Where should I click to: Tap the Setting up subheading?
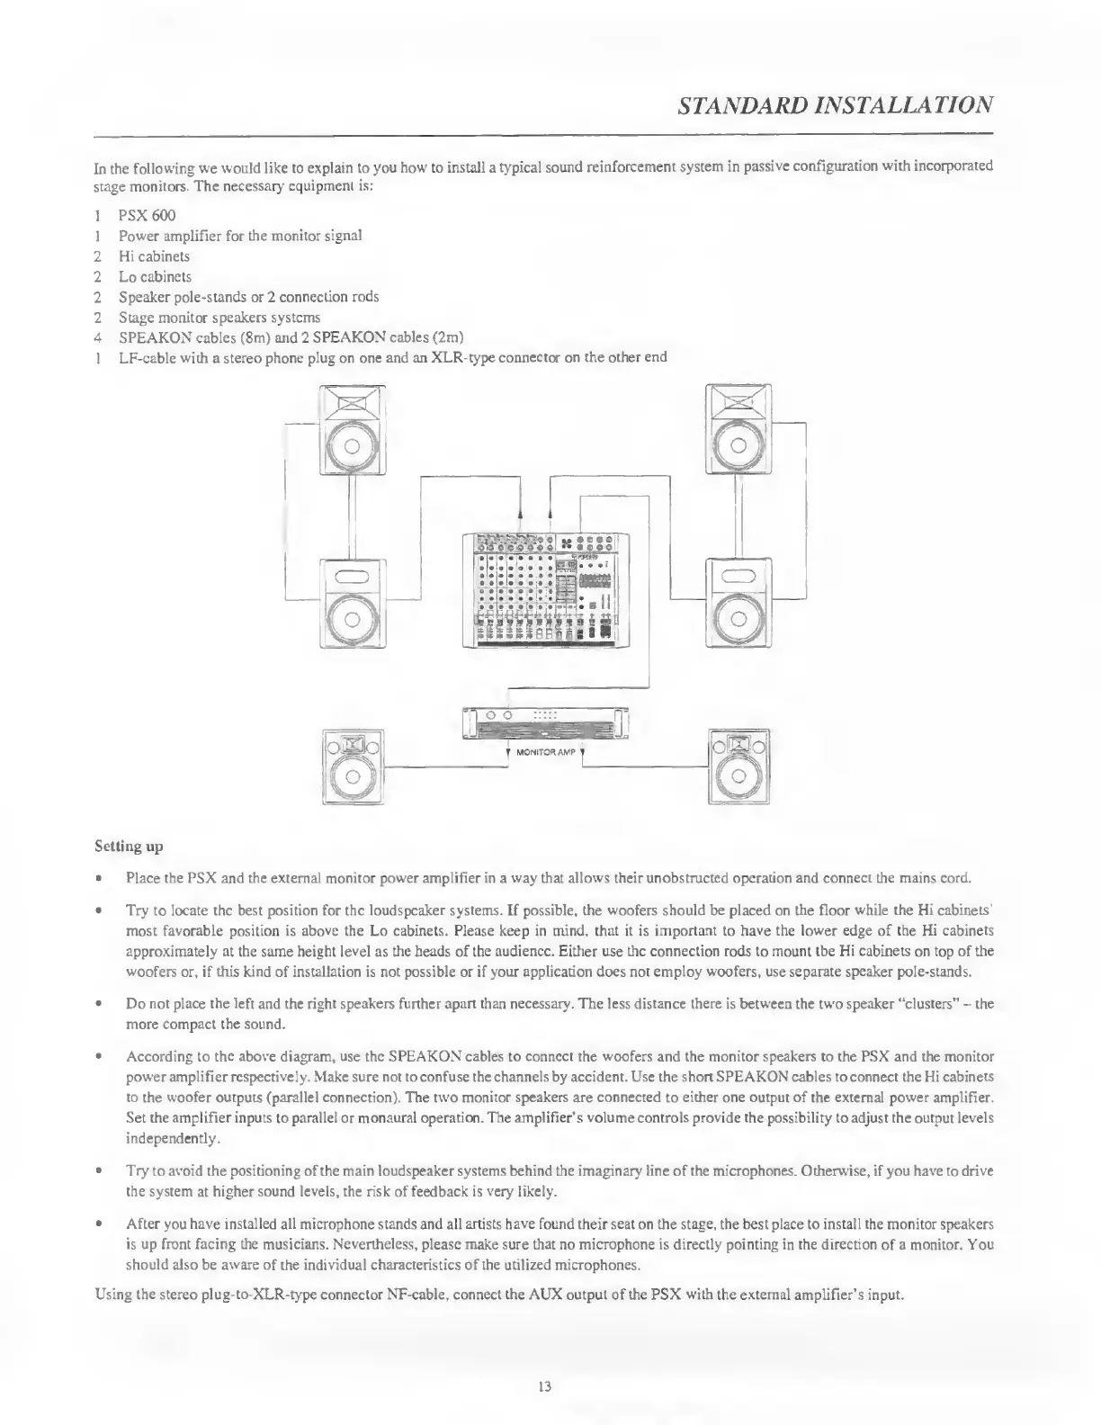tap(129, 846)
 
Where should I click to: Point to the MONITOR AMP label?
tap(545, 751)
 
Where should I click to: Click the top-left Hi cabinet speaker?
tap(353, 429)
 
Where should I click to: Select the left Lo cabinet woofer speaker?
tap(353, 603)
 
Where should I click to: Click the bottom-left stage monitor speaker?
tap(353, 766)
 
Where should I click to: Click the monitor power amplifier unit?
tap(545, 722)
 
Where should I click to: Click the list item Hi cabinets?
tap(154, 256)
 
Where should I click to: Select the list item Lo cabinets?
tap(155, 276)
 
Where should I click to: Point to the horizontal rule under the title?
tap(544, 134)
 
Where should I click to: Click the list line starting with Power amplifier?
tap(240, 236)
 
